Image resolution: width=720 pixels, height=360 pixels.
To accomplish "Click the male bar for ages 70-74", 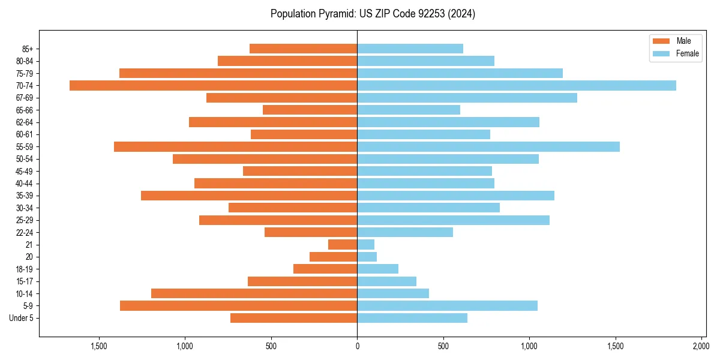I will tap(213, 85).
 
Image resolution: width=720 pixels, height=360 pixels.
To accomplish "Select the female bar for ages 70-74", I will tap(517, 85).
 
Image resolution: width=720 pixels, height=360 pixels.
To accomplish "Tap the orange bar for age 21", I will tap(343, 244).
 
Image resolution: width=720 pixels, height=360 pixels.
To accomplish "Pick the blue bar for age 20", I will tap(367, 257).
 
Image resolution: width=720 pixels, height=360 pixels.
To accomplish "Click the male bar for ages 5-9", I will tap(238, 305).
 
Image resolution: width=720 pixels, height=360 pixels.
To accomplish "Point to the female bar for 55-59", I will tap(488, 146).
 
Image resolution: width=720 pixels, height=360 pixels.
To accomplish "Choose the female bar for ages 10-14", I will tap(393, 293).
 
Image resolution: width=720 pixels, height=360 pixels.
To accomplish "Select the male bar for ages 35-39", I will tap(249, 196).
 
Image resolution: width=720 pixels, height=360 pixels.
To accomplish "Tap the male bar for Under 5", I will tap(293, 318).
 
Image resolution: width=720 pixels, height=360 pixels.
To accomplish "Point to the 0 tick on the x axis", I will tap(357, 346).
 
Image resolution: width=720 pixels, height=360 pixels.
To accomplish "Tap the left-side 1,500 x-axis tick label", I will tap(98, 346).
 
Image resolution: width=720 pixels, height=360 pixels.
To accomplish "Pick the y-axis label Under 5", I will tap(21, 318).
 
